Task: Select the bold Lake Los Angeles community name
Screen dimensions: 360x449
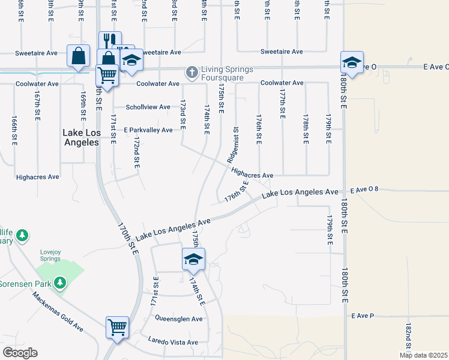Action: click(81, 137)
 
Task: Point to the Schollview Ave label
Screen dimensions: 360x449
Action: click(148, 107)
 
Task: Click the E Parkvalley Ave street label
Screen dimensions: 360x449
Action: click(148, 130)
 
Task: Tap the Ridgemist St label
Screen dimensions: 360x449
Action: click(232, 145)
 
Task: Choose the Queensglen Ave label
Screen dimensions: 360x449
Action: click(179, 319)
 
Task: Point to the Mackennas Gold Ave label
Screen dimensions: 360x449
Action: click(58, 311)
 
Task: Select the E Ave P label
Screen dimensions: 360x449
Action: click(363, 315)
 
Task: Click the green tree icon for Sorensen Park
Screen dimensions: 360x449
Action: click(59, 282)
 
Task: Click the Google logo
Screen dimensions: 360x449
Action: click(19, 353)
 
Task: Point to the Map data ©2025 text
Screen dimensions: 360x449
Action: click(423, 355)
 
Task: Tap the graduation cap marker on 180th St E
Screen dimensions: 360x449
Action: click(352, 63)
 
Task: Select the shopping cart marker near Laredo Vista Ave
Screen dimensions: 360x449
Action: click(117, 328)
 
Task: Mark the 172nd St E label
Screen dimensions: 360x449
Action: click(137, 152)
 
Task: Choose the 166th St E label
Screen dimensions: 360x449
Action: click(14, 131)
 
